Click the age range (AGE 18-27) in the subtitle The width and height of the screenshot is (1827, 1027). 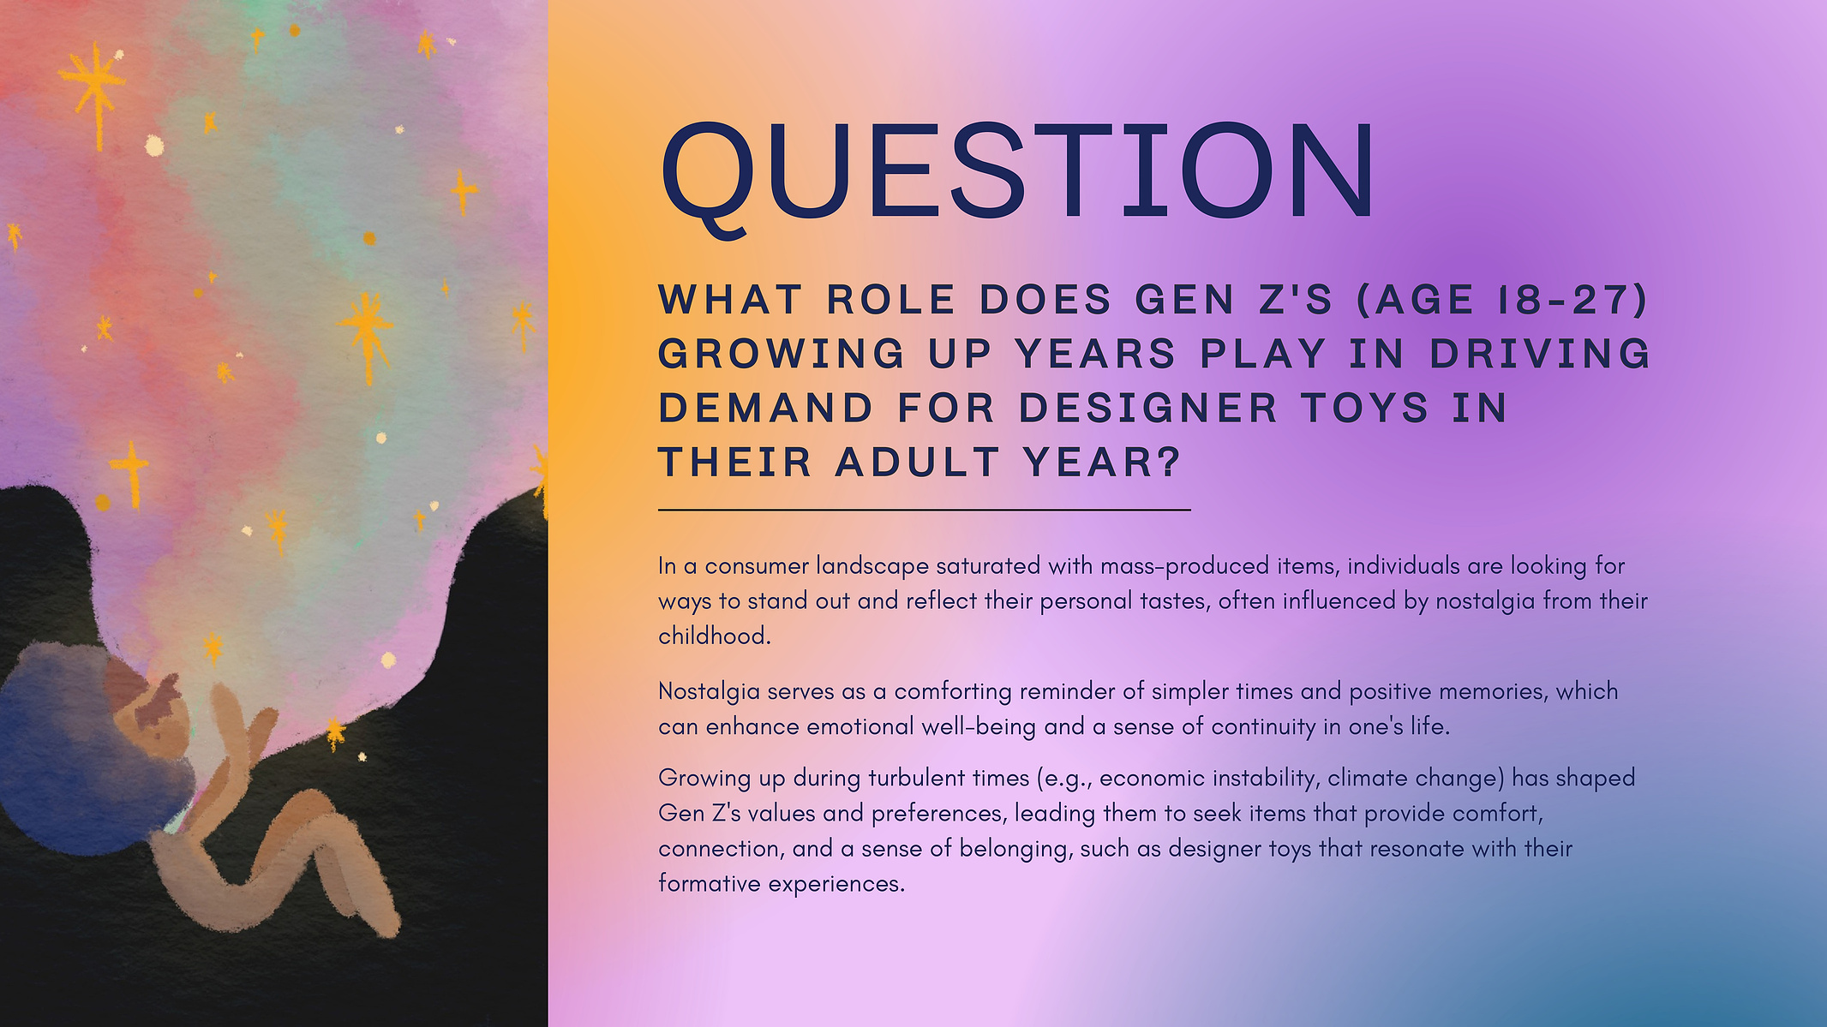(x=1501, y=300)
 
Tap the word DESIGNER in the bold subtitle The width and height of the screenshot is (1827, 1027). (x=1148, y=408)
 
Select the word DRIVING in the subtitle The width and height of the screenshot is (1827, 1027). (x=1540, y=354)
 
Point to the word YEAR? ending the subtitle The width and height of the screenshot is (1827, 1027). (x=1103, y=463)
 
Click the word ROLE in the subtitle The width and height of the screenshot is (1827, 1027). (x=891, y=300)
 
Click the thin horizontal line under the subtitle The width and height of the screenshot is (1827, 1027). (x=925, y=510)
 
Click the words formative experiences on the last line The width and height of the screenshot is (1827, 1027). (x=781, y=884)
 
